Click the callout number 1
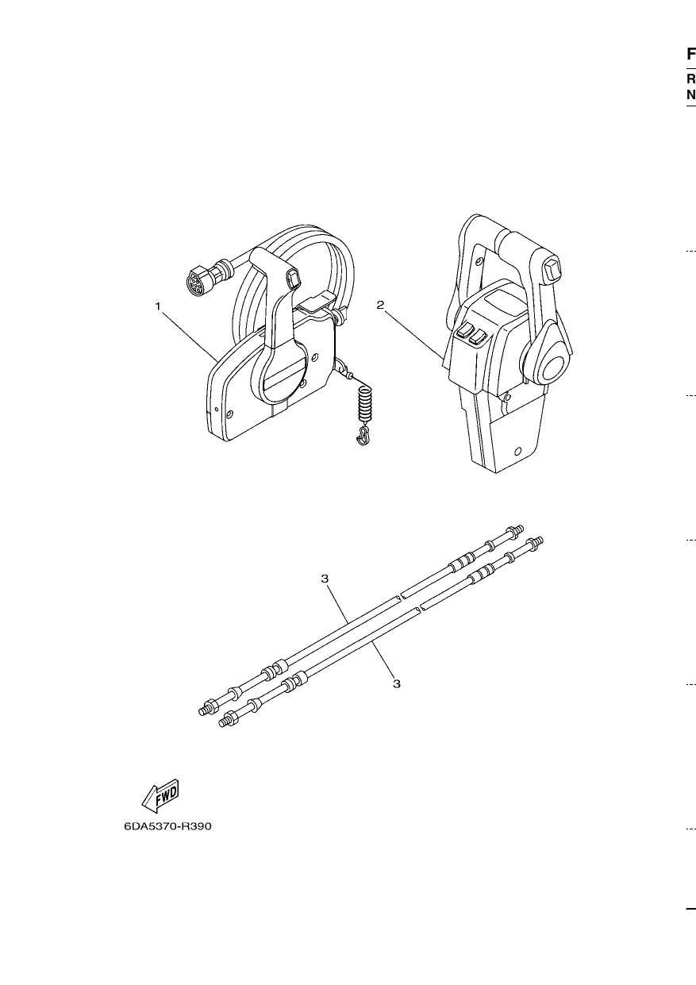pyautogui.click(x=158, y=306)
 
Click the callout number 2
pyautogui.click(x=380, y=305)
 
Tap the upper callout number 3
pyautogui.click(x=325, y=579)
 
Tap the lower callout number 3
pyautogui.click(x=397, y=683)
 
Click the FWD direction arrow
pyautogui.click(x=160, y=796)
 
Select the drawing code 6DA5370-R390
pyautogui.click(x=167, y=826)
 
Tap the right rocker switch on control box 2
pyautogui.click(x=478, y=337)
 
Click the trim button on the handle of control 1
pyautogui.click(x=294, y=279)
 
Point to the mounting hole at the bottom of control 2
pyautogui.click(x=517, y=451)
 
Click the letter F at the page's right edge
pyautogui.click(x=691, y=54)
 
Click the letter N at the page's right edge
pyautogui.click(x=691, y=94)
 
